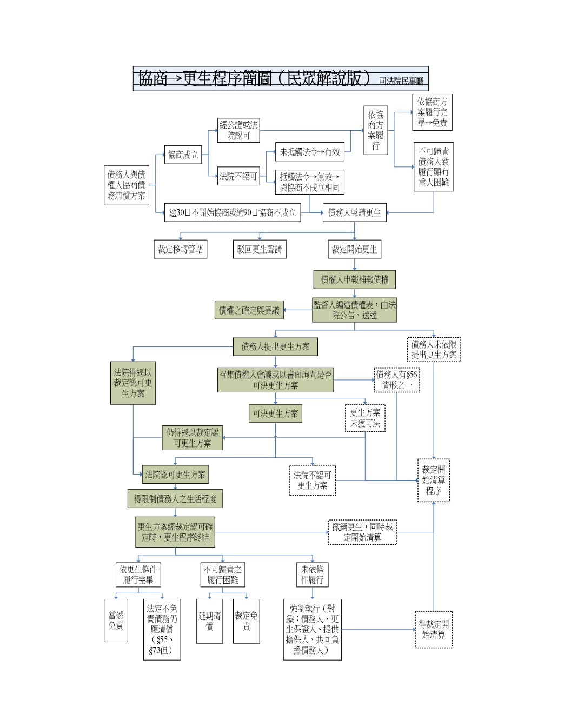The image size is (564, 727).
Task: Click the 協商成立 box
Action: click(183, 155)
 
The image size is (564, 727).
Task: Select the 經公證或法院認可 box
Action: click(238, 130)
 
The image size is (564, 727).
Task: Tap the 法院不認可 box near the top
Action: click(238, 176)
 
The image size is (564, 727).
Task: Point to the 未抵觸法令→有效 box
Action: click(310, 152)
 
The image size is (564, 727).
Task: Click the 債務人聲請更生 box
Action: click(354, 212)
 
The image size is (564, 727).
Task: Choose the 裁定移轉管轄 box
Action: click(180, 249)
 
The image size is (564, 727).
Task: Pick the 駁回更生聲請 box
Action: click(260, 249)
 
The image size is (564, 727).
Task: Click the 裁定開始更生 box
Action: click(354, 249)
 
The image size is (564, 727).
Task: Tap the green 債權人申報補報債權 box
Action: click(354, 279)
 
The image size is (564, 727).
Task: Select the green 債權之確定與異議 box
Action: click(249, 310)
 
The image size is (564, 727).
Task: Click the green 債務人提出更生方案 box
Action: click(275, 346)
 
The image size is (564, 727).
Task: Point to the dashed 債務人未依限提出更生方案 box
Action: click(434, 350)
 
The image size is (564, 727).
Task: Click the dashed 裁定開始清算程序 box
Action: click(433, 480)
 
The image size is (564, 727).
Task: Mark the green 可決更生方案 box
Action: click(275, 413)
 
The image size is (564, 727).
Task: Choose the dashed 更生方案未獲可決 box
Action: click(365, 418)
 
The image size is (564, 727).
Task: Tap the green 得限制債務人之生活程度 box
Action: click(175, 499)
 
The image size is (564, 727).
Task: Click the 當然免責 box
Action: click(116, 620)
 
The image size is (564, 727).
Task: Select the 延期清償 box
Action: click(209, 621)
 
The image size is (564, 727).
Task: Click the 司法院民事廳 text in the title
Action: click(401, 81)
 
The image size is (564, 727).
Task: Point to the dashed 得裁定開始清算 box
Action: click(433, 629)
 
